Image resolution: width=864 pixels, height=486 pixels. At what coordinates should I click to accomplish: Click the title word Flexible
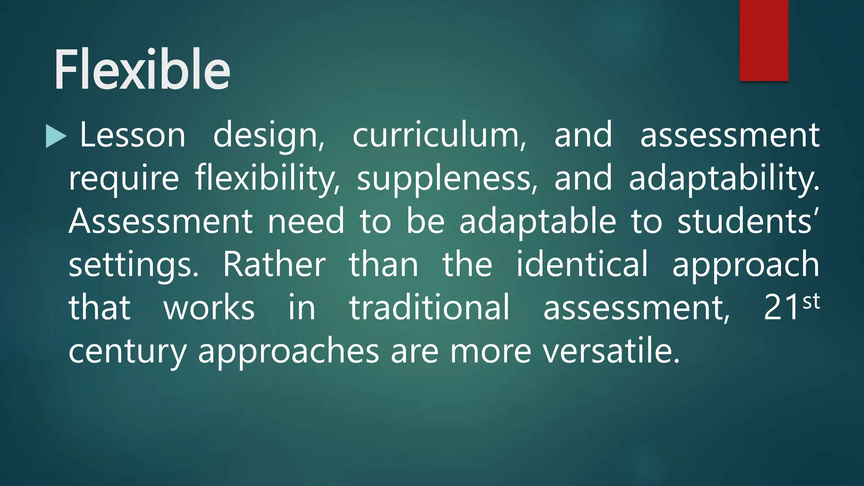click(x=142, y=70)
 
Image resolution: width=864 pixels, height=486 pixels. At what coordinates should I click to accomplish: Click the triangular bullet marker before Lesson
click(x=56, y=136)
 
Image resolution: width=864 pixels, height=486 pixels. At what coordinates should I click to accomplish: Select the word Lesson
click(x=132, y=135)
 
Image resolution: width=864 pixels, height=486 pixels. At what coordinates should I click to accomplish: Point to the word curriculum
click(x=439, y=135)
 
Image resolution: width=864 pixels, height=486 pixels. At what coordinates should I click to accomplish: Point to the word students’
click(x=748, y=221)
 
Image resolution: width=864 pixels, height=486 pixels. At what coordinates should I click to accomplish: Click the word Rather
click(x=274, y=265)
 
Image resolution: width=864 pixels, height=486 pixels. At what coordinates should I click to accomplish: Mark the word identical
click(x=582, y=265)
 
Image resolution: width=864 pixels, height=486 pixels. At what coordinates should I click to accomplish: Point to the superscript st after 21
click(x=811, y=302)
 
